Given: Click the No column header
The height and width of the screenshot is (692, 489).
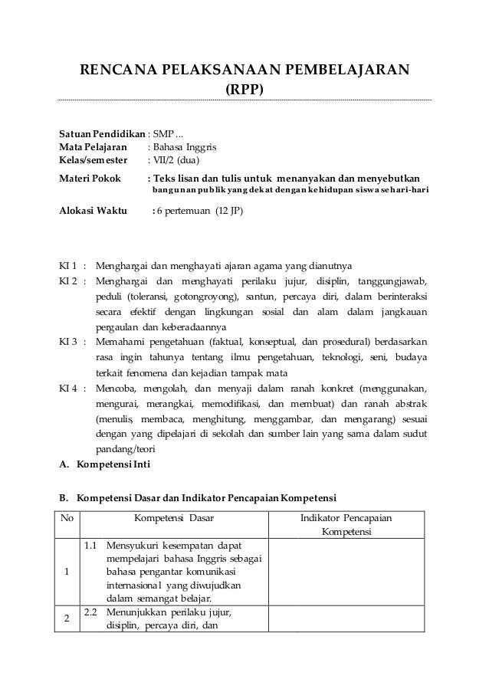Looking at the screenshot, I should click(x=67, y=517).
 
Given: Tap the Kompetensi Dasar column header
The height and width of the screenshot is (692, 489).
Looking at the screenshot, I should click(x=174, y=517).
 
